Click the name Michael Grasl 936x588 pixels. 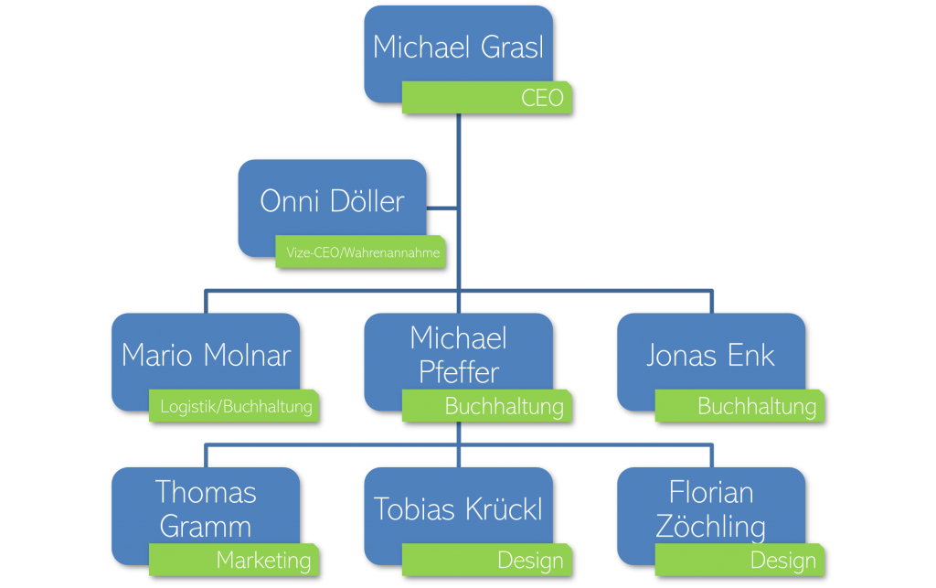pyautogui.click(x=458, y=47)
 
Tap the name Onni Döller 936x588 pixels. pyautogui.click(x=332, y=201)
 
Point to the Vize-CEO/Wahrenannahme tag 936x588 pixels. pyautogui.click(x=360, y=251)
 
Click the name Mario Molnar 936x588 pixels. pyautogui.click(x=206, y=355)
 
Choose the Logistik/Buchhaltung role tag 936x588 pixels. pyautogui.click(x=235, y=406)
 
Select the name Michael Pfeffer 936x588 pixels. pyautogui.click(x=458, y=355)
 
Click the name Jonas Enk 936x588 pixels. pyautogui.click(x=710, y=355)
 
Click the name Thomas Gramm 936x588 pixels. pyautogui.click(x=206, y=509)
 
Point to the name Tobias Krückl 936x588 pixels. pyautogui.click(x=458, y=509)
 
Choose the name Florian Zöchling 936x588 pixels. pyautogui.click(x=710, y=509)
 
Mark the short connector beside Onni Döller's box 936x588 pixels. pyautogui.click(x=442, y=208)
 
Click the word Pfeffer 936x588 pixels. pyautogui.click(x=459, y=372)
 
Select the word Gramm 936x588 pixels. pyautogui.click(x=206, y=527)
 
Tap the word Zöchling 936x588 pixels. pyautogui.click(x=710, y=527)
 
